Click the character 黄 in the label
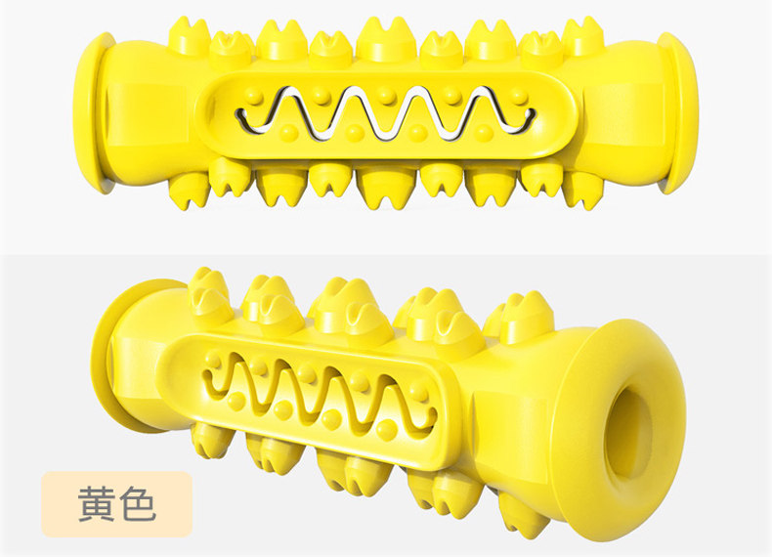97,504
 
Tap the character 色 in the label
138,504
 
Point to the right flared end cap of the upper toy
680,112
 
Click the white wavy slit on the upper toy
385,113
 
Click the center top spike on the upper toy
386,38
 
